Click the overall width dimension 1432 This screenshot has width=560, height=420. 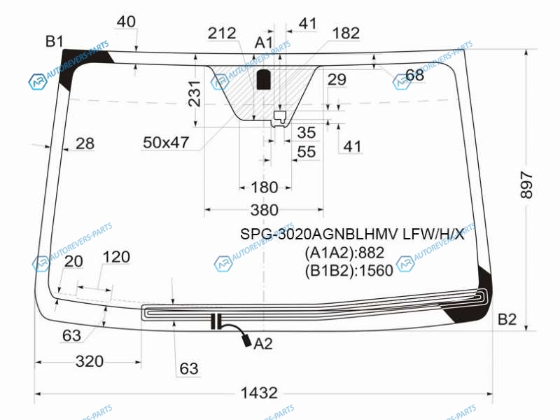click(259, 393)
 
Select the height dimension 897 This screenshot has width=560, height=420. click(526, 185)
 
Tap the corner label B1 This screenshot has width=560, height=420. click(55, 41)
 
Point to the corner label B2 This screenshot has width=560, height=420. click(507, 319)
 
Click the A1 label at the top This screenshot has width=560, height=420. click(264, 43)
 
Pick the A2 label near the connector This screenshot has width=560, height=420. click(263, 344)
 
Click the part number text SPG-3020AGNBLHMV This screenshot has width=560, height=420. click(318, 234)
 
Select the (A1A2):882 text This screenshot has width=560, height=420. click(344, 253)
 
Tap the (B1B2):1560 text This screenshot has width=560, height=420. click(349, 271)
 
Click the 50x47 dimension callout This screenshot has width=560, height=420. click(166, 143)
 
